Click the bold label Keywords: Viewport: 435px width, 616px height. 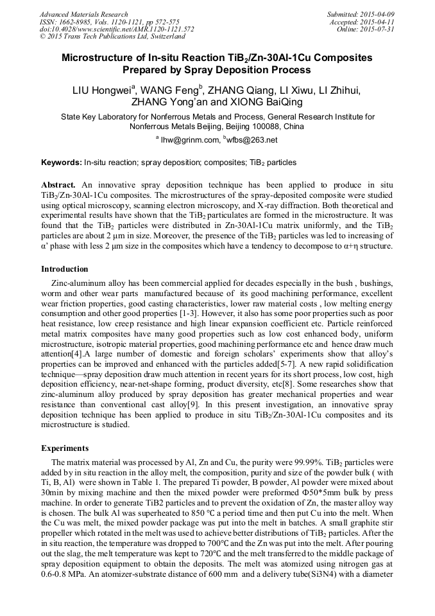coord(62,163)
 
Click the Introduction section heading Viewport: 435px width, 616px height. coord(65,269)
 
